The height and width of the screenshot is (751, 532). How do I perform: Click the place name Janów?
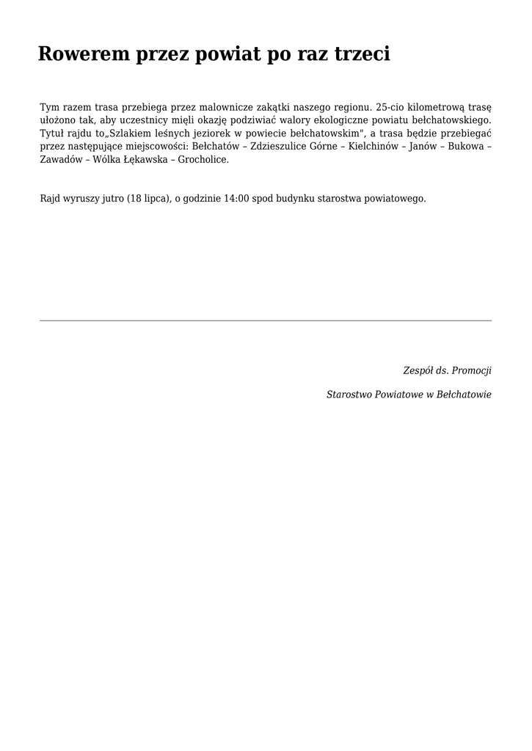click(x=422, y=146)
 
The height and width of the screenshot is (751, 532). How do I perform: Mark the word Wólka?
click(x=107, y=159)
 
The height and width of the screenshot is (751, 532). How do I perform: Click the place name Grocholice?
click(x=203, y=159)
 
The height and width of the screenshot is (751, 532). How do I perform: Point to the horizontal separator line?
click(x=266, y=320)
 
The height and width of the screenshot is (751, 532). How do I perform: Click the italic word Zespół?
click(x=418, y=370)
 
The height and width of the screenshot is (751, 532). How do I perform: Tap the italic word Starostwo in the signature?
click(x=349, y=395)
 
